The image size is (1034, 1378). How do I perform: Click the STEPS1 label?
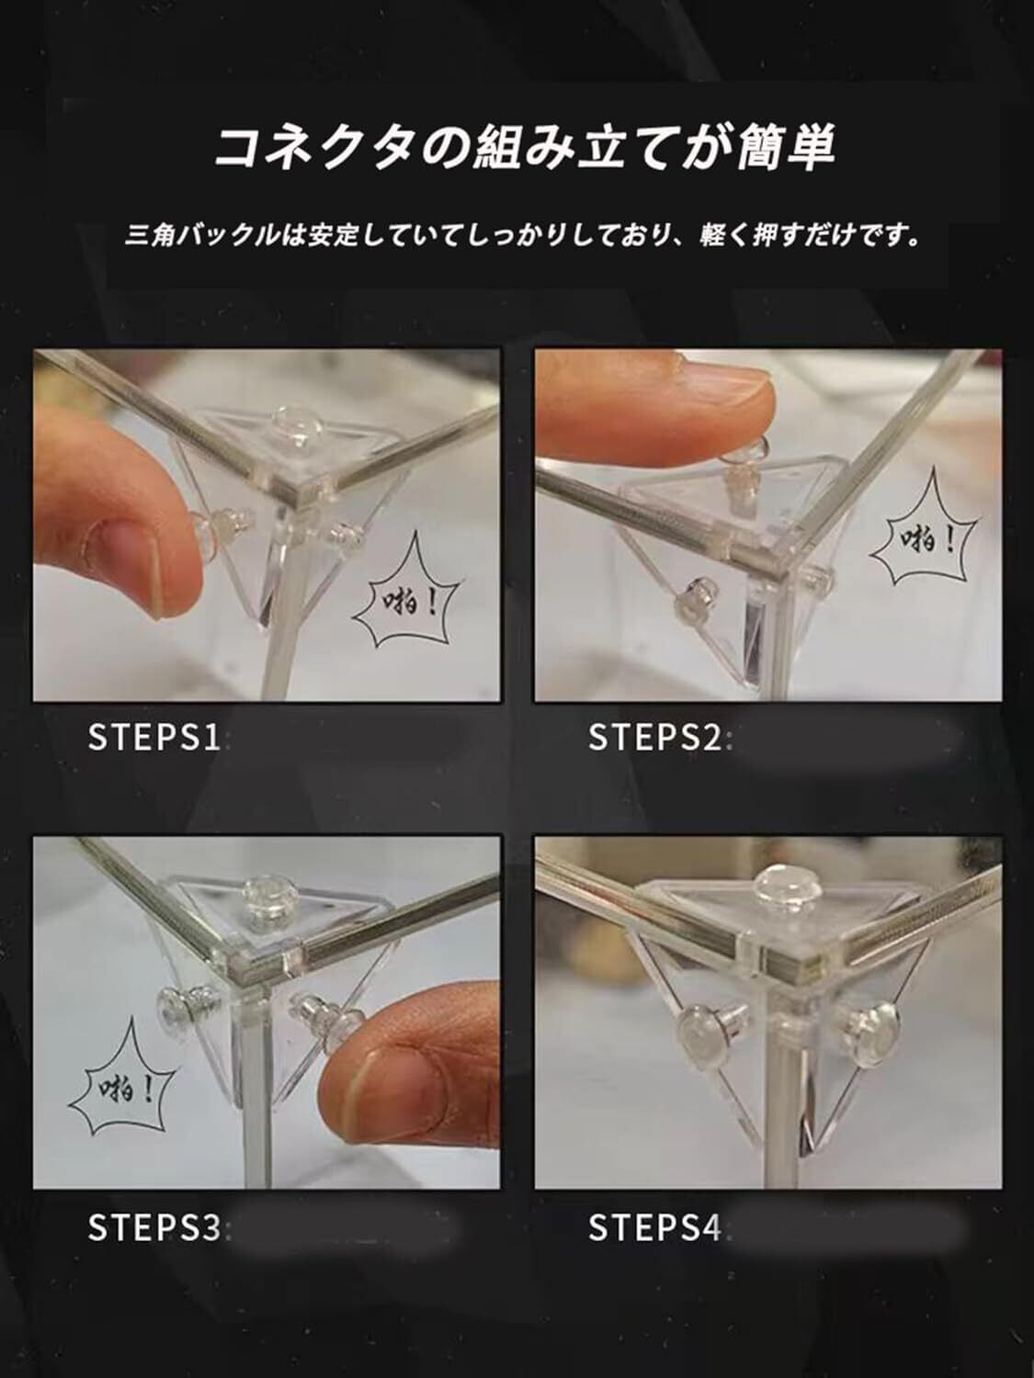pos(155,737)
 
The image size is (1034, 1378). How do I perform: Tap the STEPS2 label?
pos(654,737)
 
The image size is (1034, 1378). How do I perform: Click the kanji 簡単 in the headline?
pos(786,149)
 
